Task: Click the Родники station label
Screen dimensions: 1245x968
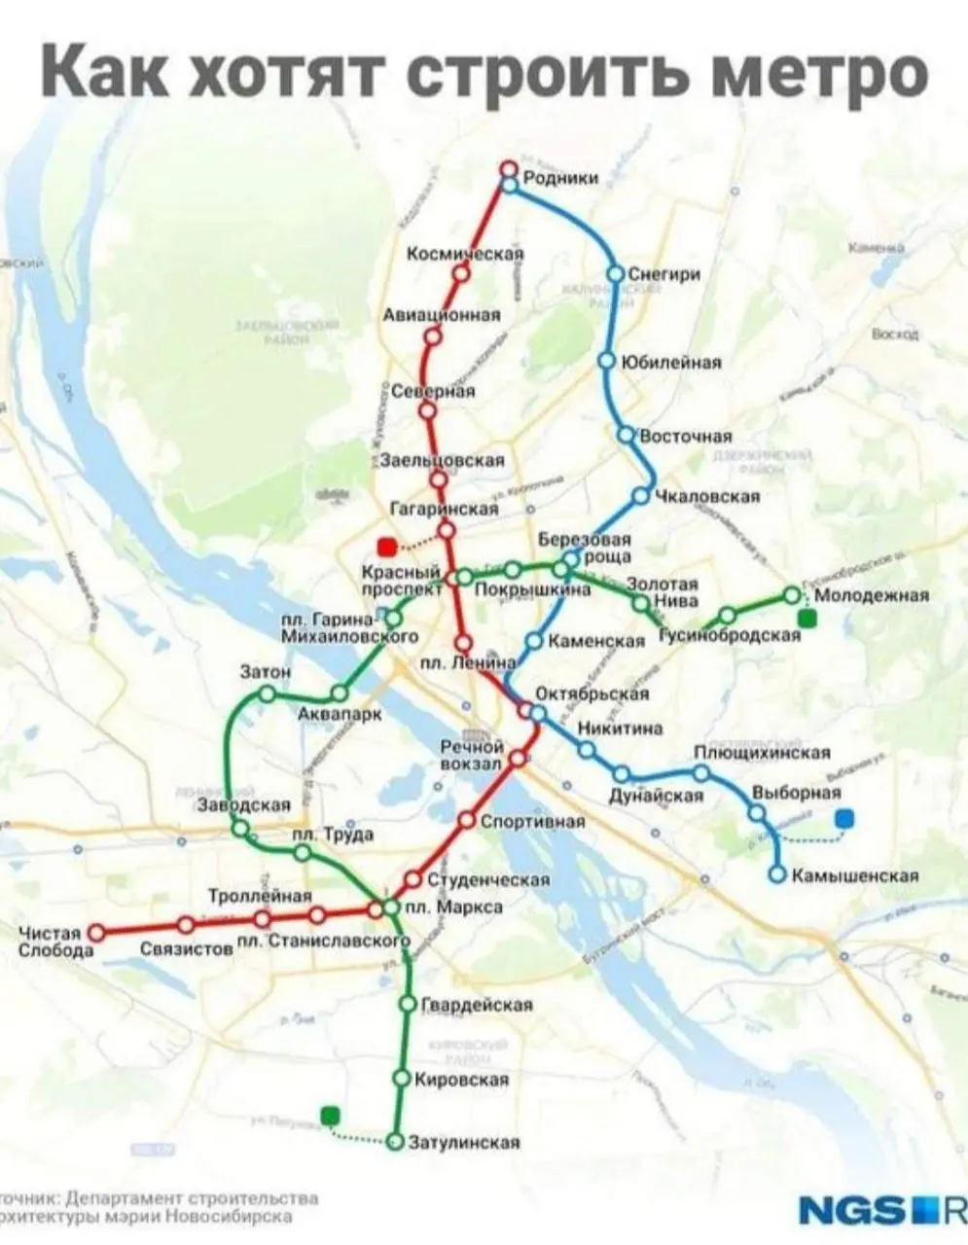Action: pos(560,176)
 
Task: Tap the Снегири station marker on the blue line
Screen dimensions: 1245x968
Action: pos(615,274)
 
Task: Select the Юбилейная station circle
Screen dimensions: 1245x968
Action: pos(606,361)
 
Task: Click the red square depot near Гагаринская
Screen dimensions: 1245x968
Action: pos(386,547)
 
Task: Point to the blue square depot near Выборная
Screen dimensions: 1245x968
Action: pos(844,818)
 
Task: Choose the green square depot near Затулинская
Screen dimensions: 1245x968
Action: pos(331,1116)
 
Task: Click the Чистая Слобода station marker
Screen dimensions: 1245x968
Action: pos(96,932)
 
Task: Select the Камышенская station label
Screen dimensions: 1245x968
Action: pos(856,875)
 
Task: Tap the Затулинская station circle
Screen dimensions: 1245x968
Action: pos(395,1141)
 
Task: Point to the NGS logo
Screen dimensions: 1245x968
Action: pos(856,1210)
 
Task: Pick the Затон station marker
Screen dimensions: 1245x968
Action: pos(266,694)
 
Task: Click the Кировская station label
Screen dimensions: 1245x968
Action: pos(462,1079)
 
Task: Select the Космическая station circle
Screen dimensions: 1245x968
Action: pos(461,274)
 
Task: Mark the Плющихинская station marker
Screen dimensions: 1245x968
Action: pos(701,773)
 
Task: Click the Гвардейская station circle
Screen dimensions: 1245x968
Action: pos(407,1004)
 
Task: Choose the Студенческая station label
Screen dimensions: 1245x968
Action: pos(489,879)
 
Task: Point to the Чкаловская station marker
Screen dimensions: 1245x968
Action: pos(640,496)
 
